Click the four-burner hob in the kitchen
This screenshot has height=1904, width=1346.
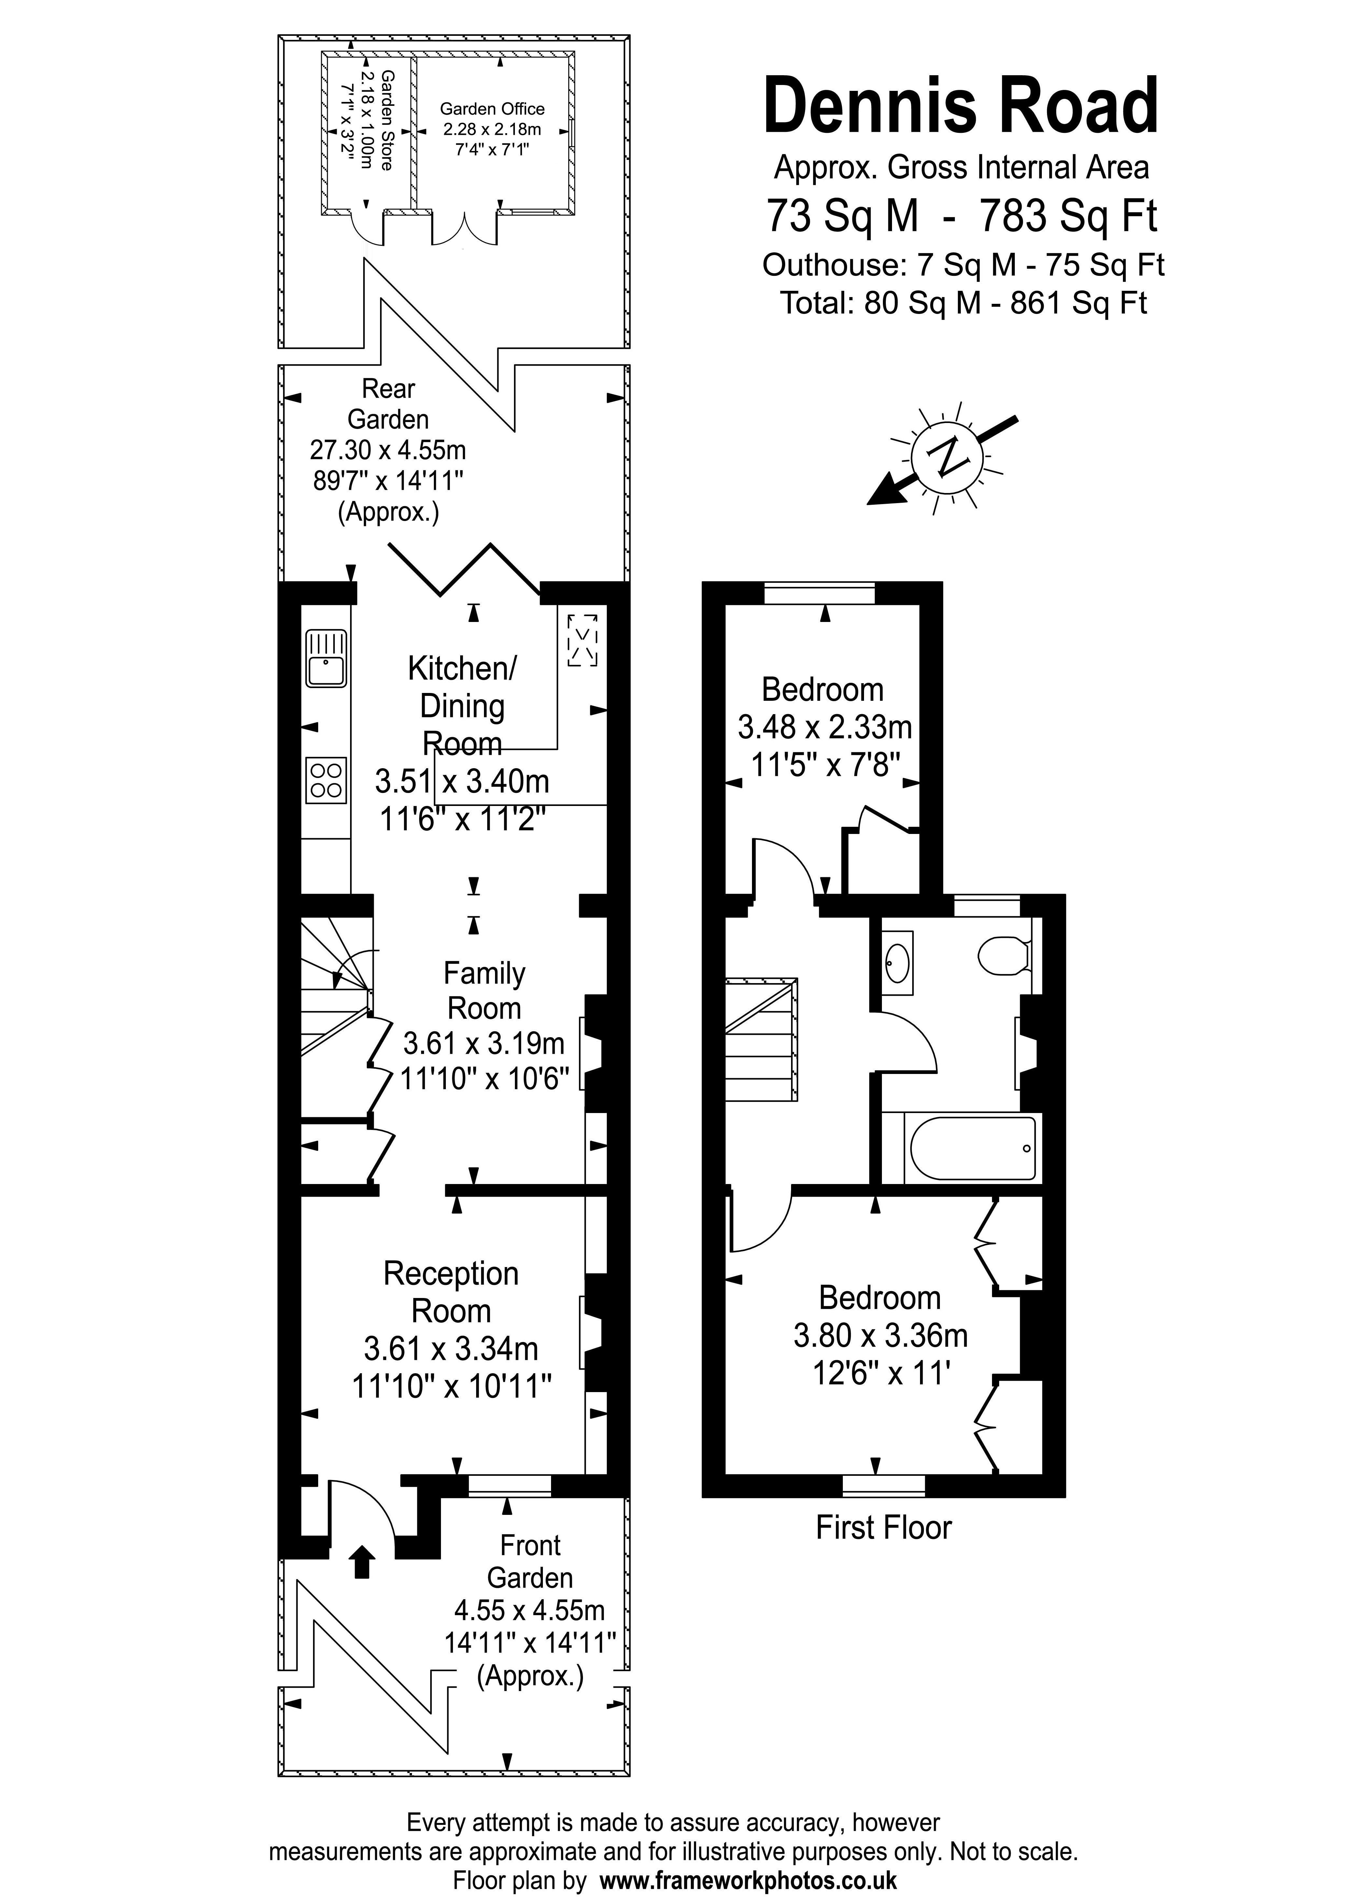(x=326, y=780)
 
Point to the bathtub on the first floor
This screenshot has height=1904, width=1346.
(x=973, y=1149)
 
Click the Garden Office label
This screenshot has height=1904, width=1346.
(x=492, y=109)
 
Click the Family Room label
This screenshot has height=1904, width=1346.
(x=484, y=990)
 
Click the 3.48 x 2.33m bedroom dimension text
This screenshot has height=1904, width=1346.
(x=824, y=727)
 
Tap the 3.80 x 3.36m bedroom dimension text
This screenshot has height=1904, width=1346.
(x=880, y=1335)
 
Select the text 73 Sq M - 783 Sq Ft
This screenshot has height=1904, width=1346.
(x=960, y=216)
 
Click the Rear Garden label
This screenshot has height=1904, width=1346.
(x=388, y=404)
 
